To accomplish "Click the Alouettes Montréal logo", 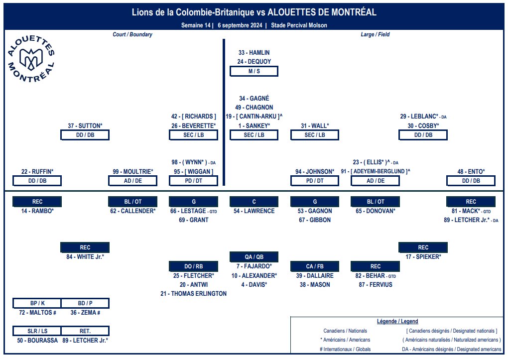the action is (31, 59).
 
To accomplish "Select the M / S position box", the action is (254, 71).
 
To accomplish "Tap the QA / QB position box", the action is (254, 257).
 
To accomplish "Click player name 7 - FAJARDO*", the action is (254, 266).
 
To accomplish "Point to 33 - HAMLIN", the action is (254, 52).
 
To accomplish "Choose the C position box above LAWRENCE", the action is (254, 202).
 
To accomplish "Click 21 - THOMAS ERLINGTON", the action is (193, 294).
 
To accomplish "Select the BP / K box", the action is (37, 303).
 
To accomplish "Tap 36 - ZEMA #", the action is (85, 313).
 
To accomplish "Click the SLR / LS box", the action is (37, 331).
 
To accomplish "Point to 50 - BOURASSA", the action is (37, 341).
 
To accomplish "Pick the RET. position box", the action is (85, 331).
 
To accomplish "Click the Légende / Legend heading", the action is (397, 322).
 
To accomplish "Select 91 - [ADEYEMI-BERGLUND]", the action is (375, 171).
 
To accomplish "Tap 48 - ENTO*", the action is (471, 172).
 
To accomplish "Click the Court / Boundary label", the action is (132, 34).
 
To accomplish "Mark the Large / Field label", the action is (375, 34).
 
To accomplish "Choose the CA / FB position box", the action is (315, 266).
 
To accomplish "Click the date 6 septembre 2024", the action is (240, 25).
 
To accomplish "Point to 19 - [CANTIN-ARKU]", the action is (254, 117).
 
